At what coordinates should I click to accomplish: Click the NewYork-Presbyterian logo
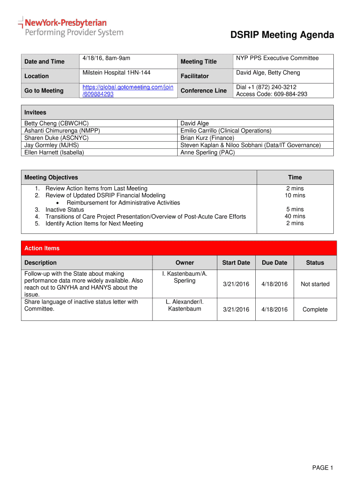point(70,27)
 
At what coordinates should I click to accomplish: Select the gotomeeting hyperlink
point(128,90)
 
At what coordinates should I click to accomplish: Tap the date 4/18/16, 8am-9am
point(106,58)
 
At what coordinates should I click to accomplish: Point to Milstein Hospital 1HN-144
point(116,73)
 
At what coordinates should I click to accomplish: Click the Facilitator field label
point(194,76)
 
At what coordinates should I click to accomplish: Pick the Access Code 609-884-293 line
point(272,94)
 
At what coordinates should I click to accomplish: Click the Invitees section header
point(35,112)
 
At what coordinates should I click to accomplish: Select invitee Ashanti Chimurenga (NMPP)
point(62,131)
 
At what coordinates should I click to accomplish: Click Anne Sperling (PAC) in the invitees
point(208,152)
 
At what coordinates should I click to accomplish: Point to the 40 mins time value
point(295,216)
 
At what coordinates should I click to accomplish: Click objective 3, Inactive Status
point(65,210)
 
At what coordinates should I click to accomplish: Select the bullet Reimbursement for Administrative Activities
point(123,203)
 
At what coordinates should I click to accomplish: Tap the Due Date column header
point(274,262)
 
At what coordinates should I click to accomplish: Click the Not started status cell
point(315,284)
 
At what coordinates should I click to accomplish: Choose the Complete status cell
point(315,309)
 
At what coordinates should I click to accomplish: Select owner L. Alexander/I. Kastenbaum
point(185,305)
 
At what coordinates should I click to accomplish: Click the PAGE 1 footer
point(322,468)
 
